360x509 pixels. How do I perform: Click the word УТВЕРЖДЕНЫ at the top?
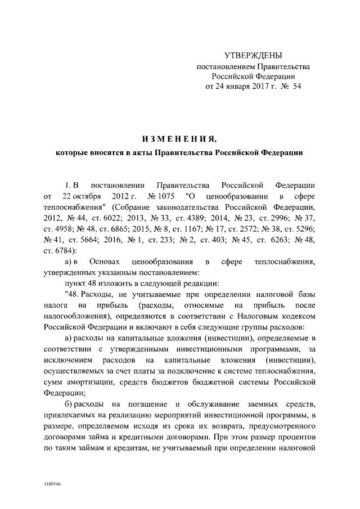tap(253, 55)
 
